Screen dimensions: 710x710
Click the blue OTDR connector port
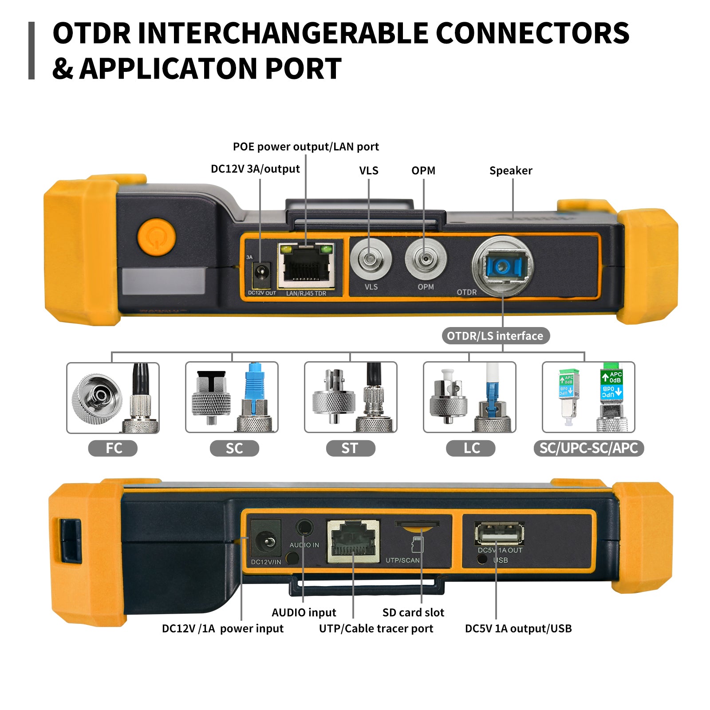pos(503,266)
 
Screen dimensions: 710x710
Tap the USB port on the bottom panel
pos(499,534)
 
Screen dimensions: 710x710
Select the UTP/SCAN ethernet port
pos(353,541)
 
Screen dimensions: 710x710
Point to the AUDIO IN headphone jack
pos(304,528)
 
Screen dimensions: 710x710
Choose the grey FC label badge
pos(113,448)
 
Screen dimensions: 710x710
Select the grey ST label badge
pos(350,448)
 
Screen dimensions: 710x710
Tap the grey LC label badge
pos(470,448)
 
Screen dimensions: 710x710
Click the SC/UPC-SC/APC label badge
pos(588,448)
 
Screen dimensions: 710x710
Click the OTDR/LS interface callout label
pos(495,336)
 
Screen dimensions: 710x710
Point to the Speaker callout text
pos(510,170)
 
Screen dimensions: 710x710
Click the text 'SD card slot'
pos(413,612)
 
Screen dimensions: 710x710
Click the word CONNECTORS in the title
pos(532,33)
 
